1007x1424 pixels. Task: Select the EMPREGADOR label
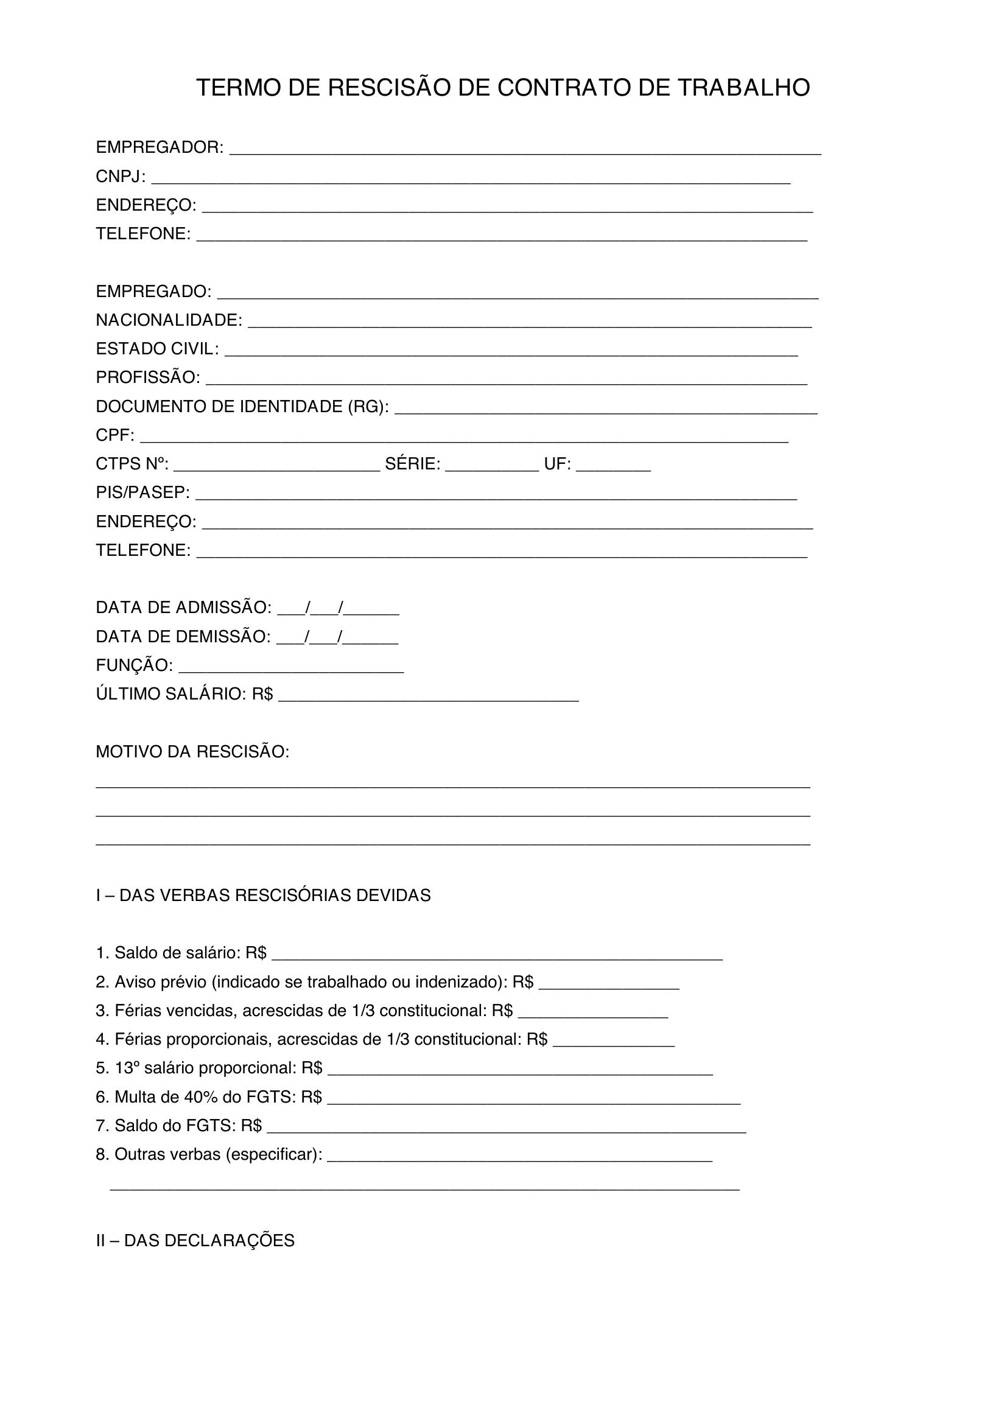click(160, 147)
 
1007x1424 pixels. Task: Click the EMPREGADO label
click(153, 292)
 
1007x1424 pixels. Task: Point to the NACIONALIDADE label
click(169, 320)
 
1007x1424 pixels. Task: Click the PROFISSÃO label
click(147, 377)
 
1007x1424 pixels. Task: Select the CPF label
click(114, 435)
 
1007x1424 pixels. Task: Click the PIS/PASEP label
click(142, 493)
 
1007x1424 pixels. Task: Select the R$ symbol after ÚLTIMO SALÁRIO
click(262, 694)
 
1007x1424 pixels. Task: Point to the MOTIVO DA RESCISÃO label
click(192, 752)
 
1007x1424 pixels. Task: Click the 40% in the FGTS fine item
click(200, 1097)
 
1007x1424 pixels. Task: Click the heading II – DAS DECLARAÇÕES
click(195, 1240)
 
